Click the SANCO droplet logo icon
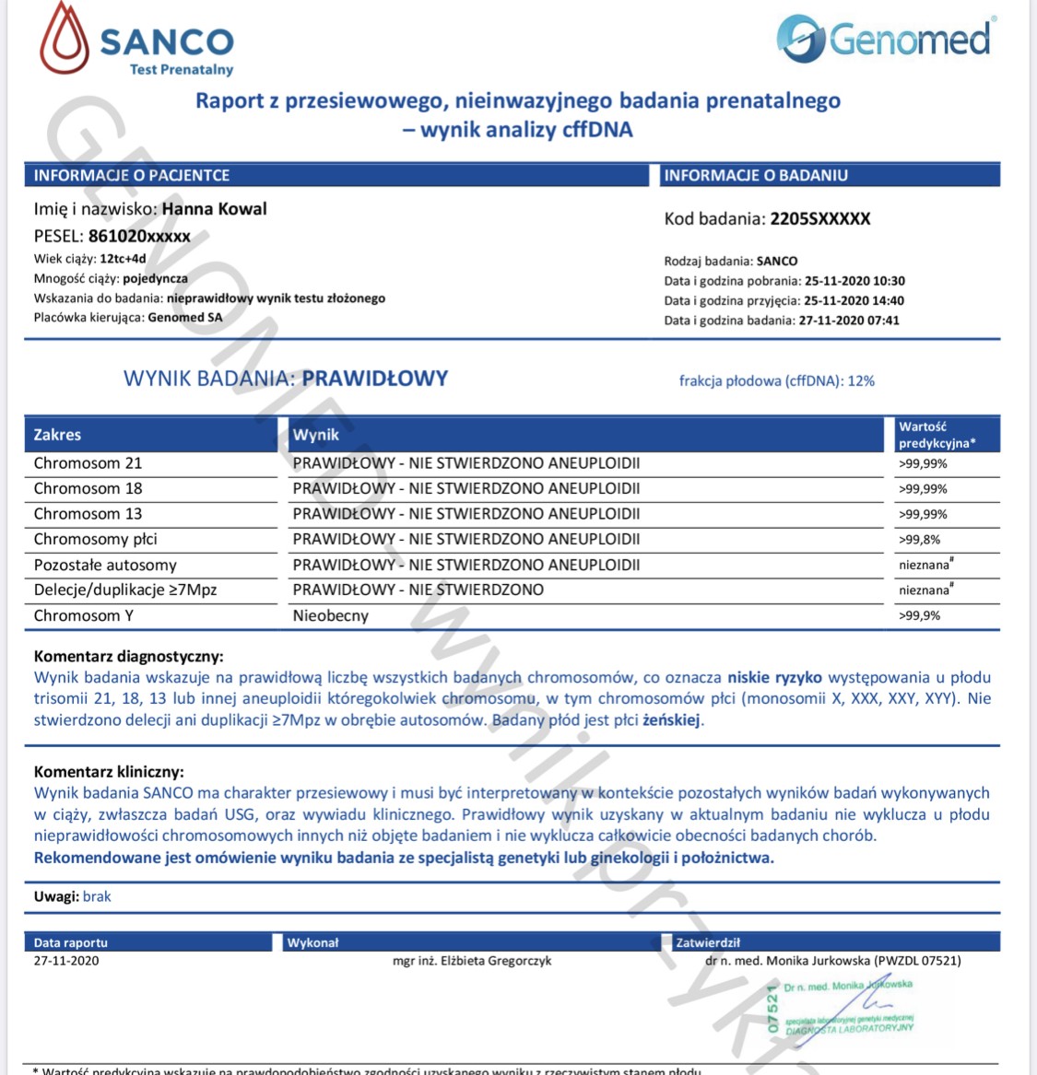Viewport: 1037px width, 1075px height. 65,39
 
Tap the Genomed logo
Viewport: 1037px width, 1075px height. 885,40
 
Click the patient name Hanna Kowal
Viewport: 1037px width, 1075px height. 214,209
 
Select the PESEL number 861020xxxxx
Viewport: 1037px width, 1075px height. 139,236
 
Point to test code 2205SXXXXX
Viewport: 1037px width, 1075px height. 820,219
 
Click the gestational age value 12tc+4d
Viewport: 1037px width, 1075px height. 123,259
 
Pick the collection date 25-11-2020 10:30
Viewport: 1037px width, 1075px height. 854,281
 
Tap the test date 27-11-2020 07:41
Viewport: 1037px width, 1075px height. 849,321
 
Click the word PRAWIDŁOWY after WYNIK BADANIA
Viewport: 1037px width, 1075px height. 375,379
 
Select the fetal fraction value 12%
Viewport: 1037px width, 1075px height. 861,380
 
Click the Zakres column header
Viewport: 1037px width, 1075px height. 57,435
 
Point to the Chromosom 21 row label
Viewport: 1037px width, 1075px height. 88,463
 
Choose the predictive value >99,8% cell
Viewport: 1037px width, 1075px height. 920,540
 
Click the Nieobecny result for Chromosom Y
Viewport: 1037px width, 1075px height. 330,615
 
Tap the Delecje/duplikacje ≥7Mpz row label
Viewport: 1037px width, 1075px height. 125,590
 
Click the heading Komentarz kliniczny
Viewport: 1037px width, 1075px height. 109,772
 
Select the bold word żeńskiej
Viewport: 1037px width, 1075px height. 672,720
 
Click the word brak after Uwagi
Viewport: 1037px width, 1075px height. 97,896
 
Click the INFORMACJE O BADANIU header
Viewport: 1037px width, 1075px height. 756,175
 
